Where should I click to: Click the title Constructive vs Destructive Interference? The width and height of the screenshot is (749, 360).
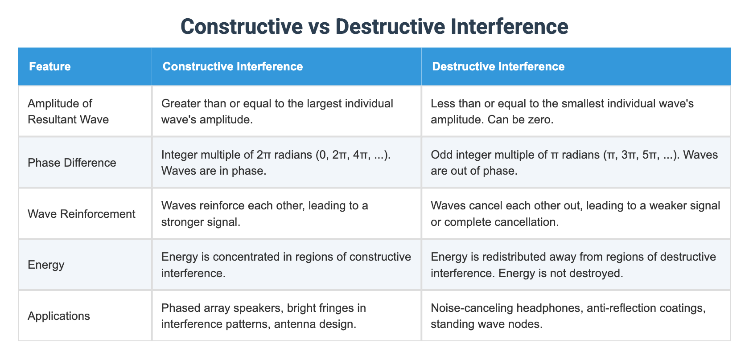tap(374, 26)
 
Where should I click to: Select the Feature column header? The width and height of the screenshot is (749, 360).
tap(50, 66)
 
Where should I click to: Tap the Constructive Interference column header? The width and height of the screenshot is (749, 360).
tap(232, 66)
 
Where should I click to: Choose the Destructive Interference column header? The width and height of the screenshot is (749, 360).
tap(498, 66)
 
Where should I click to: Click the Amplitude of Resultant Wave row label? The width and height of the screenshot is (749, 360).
tap(68, 111)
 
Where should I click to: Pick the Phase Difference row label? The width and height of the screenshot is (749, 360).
tap(72, 163)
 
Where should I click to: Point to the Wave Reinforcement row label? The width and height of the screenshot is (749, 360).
tap(81, 214)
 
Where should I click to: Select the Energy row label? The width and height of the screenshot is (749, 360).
tap(46, 265)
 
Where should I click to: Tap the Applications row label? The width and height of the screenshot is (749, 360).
tap(59, 316)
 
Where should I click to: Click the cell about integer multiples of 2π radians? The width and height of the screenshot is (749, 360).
tap(276, 163)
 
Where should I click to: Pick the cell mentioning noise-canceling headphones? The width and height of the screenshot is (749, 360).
tap(568, 316)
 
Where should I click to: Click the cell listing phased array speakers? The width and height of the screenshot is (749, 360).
tap(264, 316)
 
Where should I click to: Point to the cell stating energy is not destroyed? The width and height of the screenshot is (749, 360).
tap(573, 265)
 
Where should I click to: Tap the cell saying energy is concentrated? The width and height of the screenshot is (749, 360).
tap(286, 265)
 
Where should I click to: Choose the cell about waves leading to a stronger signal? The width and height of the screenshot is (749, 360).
tap(264, 214)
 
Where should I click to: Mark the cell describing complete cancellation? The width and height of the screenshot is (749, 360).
tap(575, 214)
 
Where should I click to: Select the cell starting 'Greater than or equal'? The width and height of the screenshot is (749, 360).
tap(277, 111)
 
